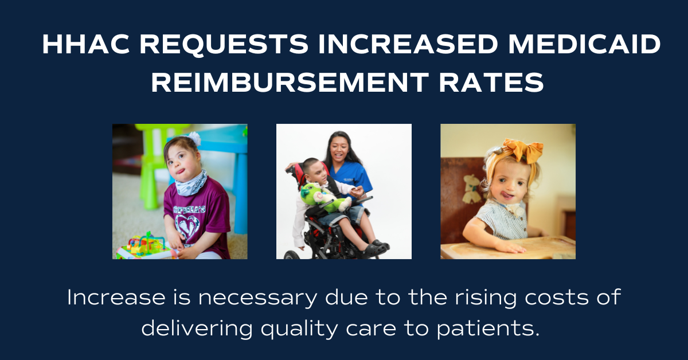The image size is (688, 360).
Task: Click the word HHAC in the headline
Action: (x=85, y=44)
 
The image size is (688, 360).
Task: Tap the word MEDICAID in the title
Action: (x=584, y=44)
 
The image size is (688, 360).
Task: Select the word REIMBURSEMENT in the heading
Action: (x=290, y=82)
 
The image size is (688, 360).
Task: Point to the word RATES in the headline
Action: (x=491, y=82)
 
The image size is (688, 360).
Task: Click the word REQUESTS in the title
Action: (x=224, y=45)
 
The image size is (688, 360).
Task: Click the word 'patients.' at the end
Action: (x=488, y=329)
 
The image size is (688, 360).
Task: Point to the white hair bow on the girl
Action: (x=194, y=138)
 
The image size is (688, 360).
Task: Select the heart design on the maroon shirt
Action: (x=187, y=226)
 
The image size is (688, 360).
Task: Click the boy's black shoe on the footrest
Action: (x=373, y=249)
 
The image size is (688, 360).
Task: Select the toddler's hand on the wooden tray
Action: (x=510, y=246)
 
